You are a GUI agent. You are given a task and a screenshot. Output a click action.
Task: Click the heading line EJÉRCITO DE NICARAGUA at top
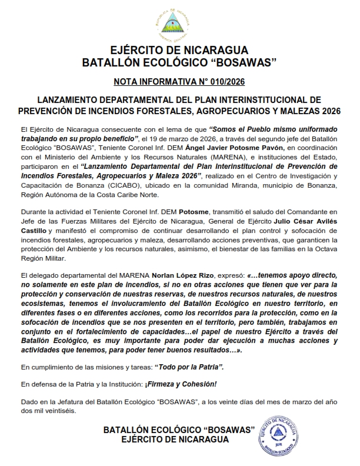click(x=179, y=49)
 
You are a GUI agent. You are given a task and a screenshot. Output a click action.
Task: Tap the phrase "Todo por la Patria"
click(x=189, y=367)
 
